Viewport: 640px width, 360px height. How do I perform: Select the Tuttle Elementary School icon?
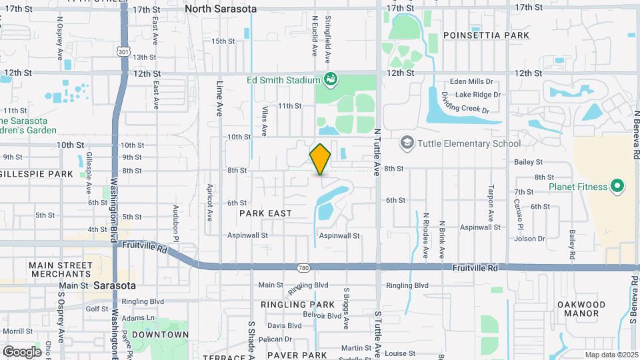[407, 143]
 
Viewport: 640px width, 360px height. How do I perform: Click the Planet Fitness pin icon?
[617, 187]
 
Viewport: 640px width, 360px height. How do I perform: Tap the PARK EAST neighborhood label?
[265, 213]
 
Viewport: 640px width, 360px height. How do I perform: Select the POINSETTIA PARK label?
[477, 35]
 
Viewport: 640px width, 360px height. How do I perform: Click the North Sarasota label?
[220, 9]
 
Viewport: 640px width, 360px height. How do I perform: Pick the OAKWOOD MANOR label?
[581, 309]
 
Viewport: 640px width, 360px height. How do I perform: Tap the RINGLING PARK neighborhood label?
[297, 305]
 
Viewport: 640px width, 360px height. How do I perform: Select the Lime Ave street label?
[219, 99]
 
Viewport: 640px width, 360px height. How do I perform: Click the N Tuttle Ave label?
[377, 151]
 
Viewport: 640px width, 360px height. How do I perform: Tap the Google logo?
[23, 351]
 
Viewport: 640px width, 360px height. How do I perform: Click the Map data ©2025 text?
[611, 355]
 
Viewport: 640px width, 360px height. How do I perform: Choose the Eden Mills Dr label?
[475, 81]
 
